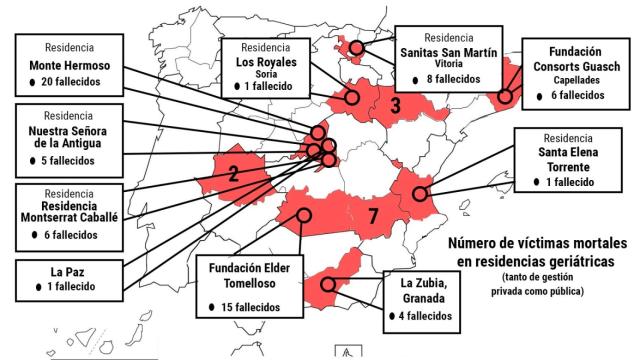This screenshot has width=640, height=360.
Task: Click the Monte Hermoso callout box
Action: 77,64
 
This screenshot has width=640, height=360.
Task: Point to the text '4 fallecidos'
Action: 427,316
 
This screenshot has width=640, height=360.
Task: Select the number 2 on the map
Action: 233,173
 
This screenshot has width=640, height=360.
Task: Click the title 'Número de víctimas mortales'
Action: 537,243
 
